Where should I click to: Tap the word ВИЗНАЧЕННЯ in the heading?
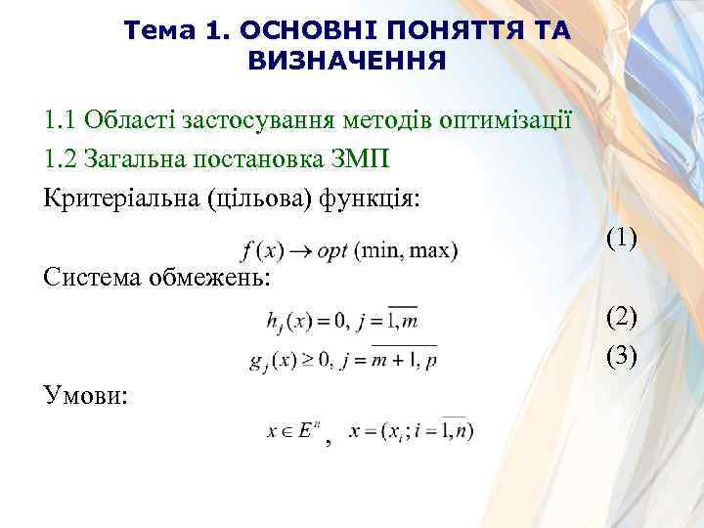coord(347,62)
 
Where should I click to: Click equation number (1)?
coord(621,238)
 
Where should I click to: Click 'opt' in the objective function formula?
coord(331,251)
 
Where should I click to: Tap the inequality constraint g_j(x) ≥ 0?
coord(291,360)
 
